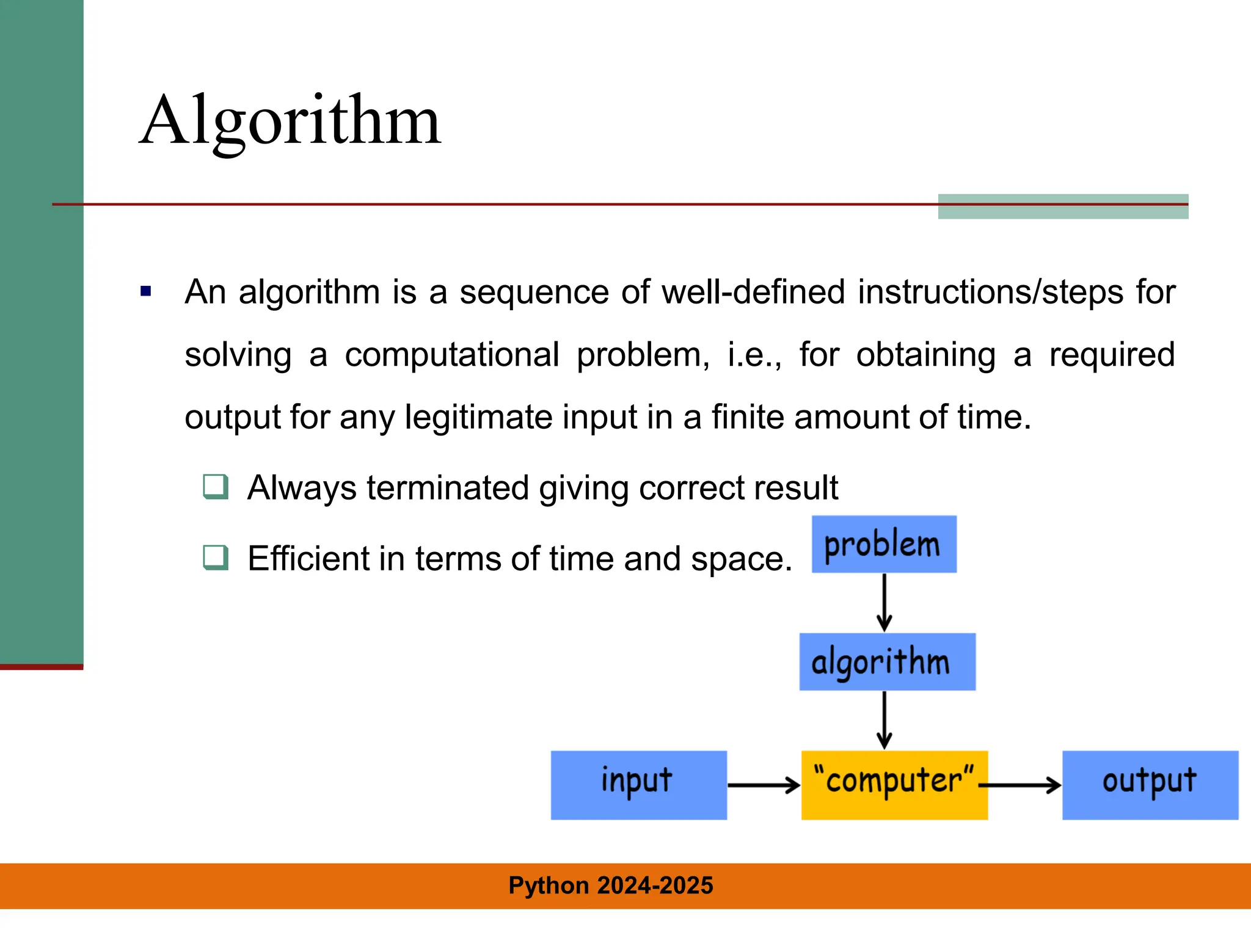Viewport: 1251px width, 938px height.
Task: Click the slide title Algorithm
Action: click(290, 120)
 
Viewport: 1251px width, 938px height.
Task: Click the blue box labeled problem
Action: click(883, 544)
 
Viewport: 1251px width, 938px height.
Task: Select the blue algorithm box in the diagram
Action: click(886, 661)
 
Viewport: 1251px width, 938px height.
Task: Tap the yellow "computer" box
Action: click(894, 785)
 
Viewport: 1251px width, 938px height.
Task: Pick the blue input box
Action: click(638, 785)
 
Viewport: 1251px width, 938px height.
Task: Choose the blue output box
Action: click(1150, 785)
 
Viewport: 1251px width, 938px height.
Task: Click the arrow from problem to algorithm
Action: click(884, 602)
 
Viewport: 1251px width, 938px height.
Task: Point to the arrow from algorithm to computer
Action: click(884, 720)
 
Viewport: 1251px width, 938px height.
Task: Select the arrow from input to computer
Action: click(764, 785)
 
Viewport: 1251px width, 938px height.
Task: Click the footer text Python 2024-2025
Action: click(610, 885)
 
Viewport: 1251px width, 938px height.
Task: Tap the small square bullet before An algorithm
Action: click(145, 291)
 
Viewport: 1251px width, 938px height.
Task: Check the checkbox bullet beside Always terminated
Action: click(216, 487)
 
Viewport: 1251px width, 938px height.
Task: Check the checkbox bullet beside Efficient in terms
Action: click(216, 558)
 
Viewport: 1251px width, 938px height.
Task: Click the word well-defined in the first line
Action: click(753, 292)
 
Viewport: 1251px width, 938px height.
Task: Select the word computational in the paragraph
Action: click(451, 355)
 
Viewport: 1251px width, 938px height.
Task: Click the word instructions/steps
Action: click(990, 292)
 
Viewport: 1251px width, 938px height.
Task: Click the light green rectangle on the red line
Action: click(1062, 206)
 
